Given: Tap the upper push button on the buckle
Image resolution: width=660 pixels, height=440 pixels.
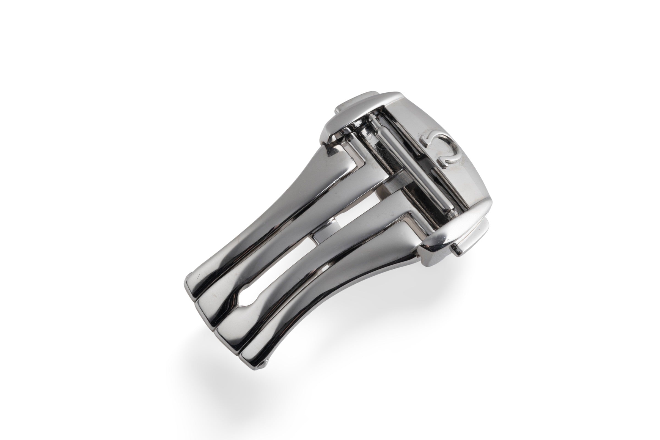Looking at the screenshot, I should click(354, 103).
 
